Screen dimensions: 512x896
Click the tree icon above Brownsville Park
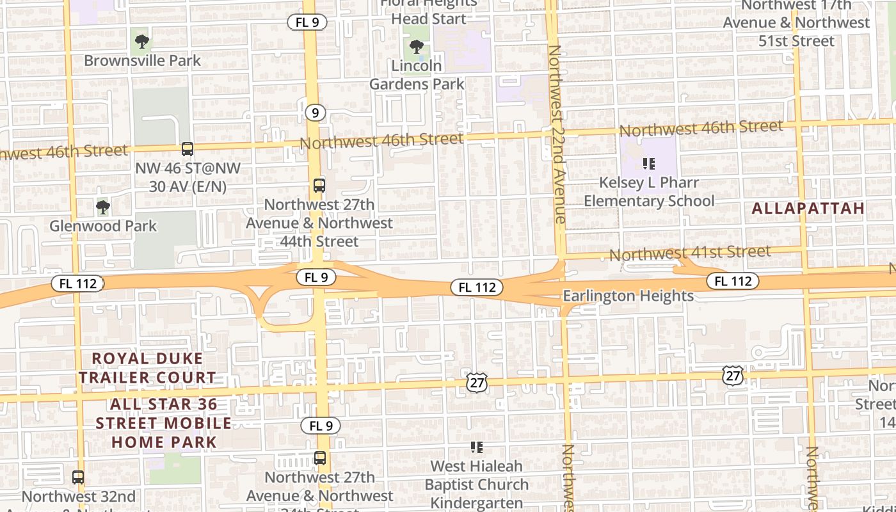click(142, 42)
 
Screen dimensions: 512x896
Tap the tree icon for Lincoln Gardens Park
click(417, 47)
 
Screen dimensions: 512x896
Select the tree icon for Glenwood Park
click(102, 207)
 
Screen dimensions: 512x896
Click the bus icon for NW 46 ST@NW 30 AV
click(188, 149)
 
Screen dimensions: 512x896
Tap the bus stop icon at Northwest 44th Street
click(319, 186)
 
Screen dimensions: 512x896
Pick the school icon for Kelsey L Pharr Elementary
click(649, 164)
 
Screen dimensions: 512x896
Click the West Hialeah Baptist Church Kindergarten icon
click(477, 447)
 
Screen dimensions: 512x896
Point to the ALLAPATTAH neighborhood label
click(808, 208)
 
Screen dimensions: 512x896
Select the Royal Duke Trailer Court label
click(147, 368)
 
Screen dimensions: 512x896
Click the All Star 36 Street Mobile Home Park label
click(164, 423)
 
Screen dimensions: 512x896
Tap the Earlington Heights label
click(628, 296)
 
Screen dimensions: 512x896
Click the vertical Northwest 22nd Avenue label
click(556, 134)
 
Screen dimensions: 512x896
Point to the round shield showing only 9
click(314, 113)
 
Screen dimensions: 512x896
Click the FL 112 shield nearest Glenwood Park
click(78, 284)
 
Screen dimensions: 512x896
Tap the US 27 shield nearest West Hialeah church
click(477, 382)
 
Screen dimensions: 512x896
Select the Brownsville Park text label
click(143, 61)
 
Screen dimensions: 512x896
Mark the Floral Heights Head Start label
click(429, 11)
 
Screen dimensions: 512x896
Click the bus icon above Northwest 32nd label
click(78, 477)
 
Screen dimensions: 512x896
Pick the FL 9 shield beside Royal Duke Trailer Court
click(320, 426)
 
